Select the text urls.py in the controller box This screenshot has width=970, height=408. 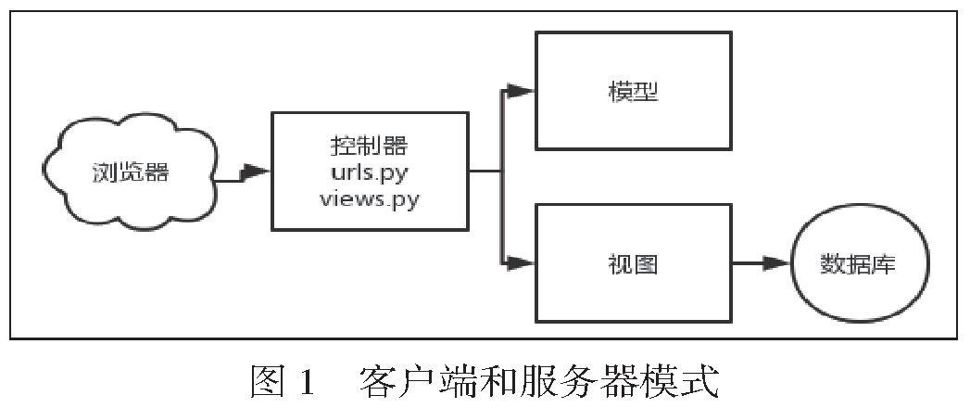coord(370,172)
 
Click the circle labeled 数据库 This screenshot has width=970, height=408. coord(859,264)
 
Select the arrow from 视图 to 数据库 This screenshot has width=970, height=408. coord(762,263)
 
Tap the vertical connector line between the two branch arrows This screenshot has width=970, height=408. coord(502,176)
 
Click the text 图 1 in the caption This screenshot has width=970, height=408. coord(283,380)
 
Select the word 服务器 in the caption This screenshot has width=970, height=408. coord(564,380)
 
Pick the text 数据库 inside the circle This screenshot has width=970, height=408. coord(859,264)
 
